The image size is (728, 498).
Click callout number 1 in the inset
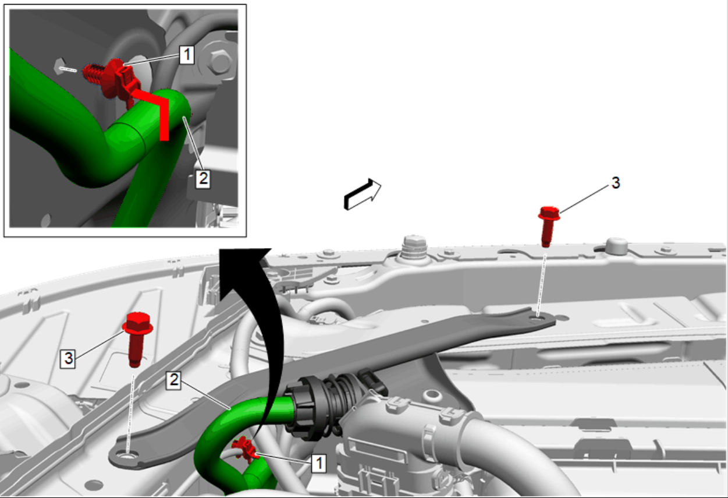(x=187, y=55)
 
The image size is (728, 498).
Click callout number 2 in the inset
(x=203, y=179)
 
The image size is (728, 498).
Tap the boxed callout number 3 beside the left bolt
(x=68, y=358)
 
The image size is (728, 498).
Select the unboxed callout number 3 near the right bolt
(x=616, y=183)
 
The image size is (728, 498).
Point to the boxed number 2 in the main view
(x=173, y=380)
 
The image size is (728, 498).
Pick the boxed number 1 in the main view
(x=319, y=463)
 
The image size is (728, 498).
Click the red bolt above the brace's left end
(x=137, y=339)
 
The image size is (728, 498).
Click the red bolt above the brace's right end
(x=549, y=226)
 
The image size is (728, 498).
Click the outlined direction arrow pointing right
(x=363, y=194)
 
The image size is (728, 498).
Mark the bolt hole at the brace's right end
(x=538, y=318)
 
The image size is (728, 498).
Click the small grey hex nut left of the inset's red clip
(x=60, y=66)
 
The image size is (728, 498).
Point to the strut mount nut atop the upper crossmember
(x=414, y=247)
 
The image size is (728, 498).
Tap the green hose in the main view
(x=234, y=423)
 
